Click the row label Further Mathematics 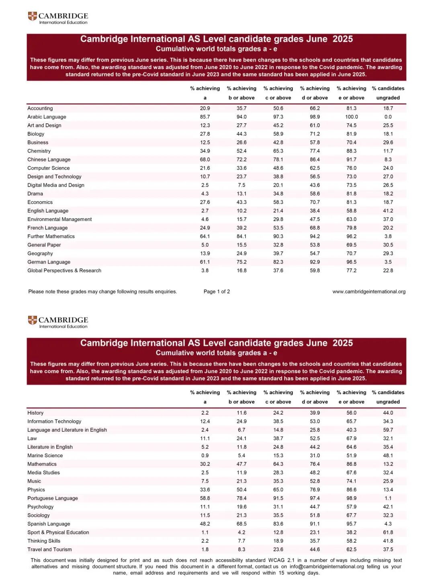[x=51, y=236]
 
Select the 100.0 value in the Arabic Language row [x=351, y=117]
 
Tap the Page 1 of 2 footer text [x=217, y=292]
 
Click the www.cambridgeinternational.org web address [x=368, y=292]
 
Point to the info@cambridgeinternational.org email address [x=326, y=567]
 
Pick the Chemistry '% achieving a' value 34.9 [x=205, y=151]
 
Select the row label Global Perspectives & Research [x=64, y=270]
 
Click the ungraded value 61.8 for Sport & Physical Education [x=388, y=532]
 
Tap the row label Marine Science [x=45, y=456]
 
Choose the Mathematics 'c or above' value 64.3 [x=278, y=464]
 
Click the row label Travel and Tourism [x=49, y=550]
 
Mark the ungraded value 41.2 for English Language [x=388, y=211]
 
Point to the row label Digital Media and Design [x=56, y=185]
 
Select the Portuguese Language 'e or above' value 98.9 [x=351, y=498]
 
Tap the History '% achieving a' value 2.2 [x=205, y=413]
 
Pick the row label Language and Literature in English [x=67, y=430]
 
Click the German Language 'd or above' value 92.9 [x=315, y=262]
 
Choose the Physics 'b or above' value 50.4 [x=242, y=490]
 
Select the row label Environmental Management [x=59, y=219]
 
